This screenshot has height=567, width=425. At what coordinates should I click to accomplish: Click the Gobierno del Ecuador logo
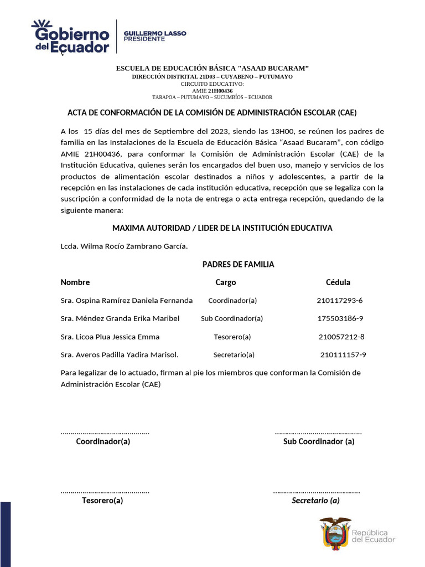coord(70,37)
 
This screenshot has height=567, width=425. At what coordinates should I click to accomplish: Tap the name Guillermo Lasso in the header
coord(154,33)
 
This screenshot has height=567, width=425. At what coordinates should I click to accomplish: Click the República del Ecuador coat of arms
coord(335,533)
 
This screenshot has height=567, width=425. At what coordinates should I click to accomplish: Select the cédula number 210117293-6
coord(339,301)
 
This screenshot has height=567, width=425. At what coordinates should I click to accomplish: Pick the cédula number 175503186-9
coord(340,318)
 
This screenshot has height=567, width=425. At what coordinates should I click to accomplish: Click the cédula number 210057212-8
coord(341,337)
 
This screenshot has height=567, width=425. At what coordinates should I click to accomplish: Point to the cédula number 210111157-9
coord(343,355)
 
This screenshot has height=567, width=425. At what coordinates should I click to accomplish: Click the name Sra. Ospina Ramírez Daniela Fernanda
coord(127,301)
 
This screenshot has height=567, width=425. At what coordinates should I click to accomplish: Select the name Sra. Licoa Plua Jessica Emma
coord(110,337)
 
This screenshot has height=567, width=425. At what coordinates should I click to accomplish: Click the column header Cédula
coord(338,282)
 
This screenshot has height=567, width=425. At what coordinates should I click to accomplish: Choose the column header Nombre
coord(75,282)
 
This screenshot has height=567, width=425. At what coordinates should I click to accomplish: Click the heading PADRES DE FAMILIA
coord(238,265)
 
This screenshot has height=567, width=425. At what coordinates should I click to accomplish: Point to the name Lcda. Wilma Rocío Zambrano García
coord(124,246)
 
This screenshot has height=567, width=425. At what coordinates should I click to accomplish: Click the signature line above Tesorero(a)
coord(105,491)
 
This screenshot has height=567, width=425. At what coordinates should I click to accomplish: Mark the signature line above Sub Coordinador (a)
coord(318,432)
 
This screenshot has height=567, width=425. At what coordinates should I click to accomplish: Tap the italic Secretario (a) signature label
coord(315,501)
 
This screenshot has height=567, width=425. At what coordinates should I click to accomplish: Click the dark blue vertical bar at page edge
coord(5,534)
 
